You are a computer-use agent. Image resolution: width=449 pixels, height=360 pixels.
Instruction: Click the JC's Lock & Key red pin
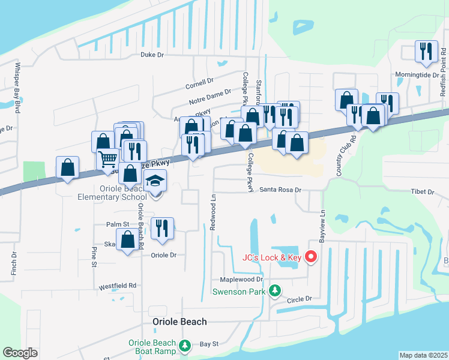[311, 257]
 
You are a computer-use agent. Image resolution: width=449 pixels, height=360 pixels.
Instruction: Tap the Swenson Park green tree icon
[274, 291]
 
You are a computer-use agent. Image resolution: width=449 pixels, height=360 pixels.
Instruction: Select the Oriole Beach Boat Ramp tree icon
[185, 346]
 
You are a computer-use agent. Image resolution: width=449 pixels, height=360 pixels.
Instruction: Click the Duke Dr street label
[152, 55]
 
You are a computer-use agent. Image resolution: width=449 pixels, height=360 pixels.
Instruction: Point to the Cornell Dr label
[200, 82]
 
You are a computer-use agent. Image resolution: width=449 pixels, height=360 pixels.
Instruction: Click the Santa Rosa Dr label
[280, 190]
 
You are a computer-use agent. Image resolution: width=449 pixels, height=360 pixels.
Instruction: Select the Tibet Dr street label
[422, 191]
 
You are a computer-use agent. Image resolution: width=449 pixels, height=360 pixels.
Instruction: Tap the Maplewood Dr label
[242, 280]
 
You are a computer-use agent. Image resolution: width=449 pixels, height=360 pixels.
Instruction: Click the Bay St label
[209, 344]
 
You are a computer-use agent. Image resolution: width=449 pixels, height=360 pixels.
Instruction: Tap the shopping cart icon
[108, 159]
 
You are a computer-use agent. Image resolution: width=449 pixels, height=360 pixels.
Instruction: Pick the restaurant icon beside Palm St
[162, 228]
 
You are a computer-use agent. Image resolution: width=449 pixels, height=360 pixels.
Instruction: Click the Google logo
[20, 353]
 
